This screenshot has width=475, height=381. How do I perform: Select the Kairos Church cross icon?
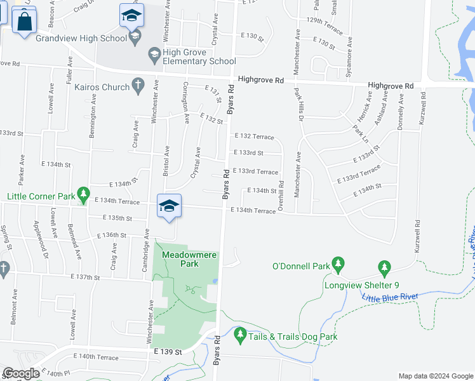pos(137,86)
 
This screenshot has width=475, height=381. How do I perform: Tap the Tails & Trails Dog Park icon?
pos(240,333)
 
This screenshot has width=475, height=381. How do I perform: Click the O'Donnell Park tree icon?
pos(338,262)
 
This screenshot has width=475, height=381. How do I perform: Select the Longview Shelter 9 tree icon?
pos(384,266)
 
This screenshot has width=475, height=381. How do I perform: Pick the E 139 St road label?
pos(168,352)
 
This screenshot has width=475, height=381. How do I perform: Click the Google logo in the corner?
pos(20,374)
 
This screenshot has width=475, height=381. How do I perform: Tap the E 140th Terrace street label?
pos(96,358)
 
